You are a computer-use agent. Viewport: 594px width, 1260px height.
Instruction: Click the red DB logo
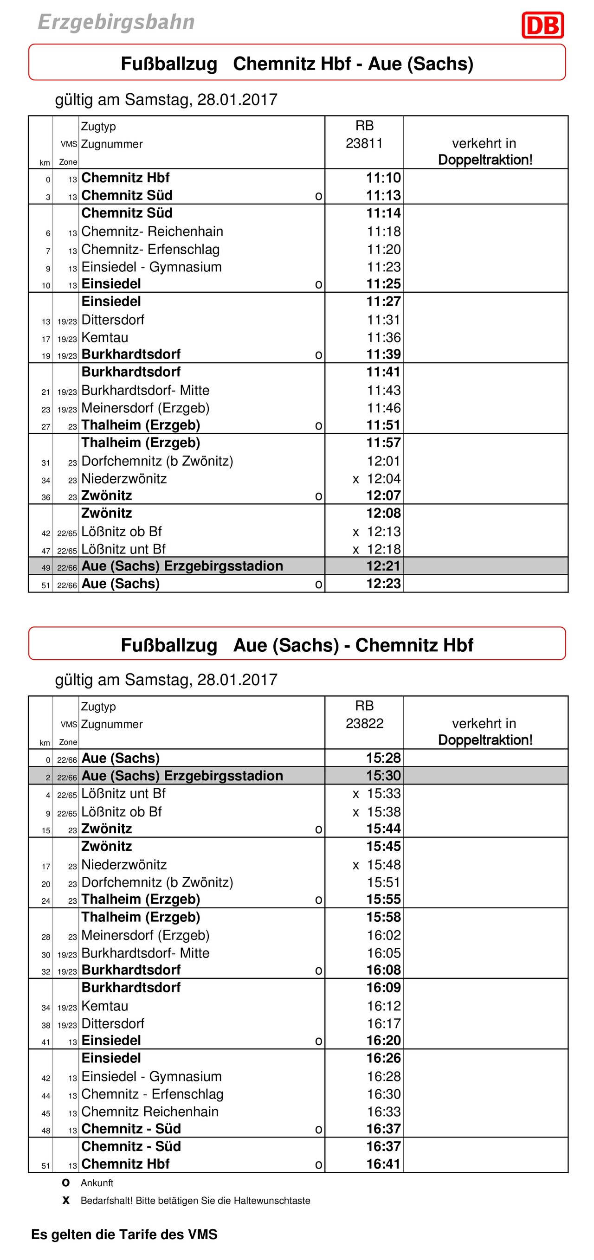[x=542, y=25]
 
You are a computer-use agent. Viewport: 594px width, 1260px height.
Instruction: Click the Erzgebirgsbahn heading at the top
[x=116, y=22]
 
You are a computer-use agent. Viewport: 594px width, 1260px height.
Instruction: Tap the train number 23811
[x=364, y=143]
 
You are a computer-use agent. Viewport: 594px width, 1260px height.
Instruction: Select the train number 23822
[x=364, y=723]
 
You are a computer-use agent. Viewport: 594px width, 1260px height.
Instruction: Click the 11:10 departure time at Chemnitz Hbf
[x=383, y=178]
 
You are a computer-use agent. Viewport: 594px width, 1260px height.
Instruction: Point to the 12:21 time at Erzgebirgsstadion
[x=383, y=566]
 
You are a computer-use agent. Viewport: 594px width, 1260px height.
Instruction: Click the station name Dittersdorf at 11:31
[x=113, y=320]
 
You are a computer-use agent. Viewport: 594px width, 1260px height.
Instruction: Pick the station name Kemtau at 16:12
[x=105, y=1006]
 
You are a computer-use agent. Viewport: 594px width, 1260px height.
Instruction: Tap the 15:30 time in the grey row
[x=383, y=775]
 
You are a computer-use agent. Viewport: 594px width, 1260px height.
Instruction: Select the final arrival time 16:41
[x=383, y=1164]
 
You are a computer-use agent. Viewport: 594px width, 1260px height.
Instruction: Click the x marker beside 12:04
[x=356, y=479]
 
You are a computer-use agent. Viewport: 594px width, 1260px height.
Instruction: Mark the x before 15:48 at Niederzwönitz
[x=356, y=865]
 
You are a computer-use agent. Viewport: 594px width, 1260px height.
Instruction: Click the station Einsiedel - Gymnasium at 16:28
[x=151, y=1076]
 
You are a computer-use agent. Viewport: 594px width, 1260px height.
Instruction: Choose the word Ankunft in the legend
[x=97, y=1183]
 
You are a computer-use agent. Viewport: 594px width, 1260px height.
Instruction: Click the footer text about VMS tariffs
[x=124, y=1234]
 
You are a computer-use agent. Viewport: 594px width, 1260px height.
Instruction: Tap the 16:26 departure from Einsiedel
[x=383, y=1058]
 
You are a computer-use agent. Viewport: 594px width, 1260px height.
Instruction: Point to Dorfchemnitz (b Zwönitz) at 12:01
[x=157, y=461]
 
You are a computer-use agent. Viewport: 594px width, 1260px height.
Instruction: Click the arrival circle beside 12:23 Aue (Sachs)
[x=318, y=584]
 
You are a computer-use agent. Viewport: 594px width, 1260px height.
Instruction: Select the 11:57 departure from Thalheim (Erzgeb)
[x=383, y=443]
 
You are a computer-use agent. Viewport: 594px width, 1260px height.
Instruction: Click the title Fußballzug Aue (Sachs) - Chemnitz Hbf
[x=297, y=645]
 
